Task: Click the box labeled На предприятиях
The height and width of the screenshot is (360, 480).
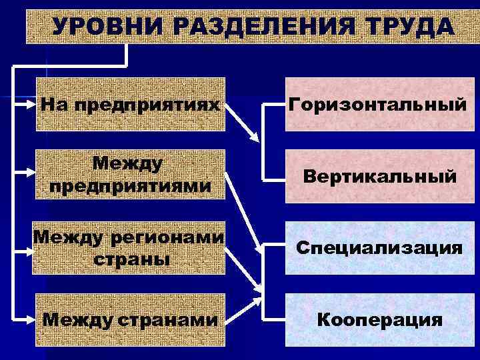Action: (129, 105)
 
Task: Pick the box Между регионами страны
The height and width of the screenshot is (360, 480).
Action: (129, 247)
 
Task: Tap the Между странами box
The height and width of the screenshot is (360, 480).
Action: (129, 320)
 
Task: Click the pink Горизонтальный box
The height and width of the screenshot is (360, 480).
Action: (375, 105)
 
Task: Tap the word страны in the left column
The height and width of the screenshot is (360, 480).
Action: (129, 259)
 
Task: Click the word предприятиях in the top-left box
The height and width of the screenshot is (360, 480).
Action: (147, 105)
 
